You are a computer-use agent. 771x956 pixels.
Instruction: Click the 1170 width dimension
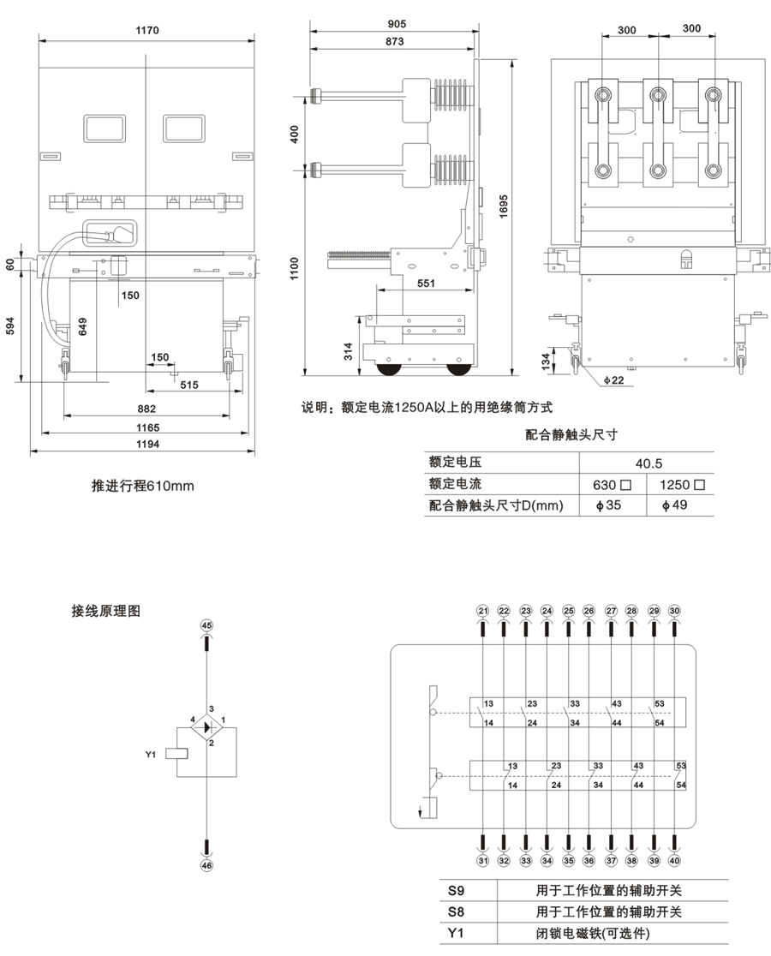click(x=147, y=30)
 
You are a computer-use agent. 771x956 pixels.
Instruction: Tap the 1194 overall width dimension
click(x=148, y=444)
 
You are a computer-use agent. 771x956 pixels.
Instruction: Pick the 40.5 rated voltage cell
click(x=648, y=463)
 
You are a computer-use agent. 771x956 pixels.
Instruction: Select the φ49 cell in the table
click(x=678, y=505)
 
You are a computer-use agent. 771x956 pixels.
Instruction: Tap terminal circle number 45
click(x=206, y=625)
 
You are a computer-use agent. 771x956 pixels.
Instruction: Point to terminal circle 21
click(x=483, y=611)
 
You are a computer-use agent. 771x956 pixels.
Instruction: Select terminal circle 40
click(x=676, y=861)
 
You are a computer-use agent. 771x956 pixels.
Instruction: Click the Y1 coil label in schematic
click(x=151, y=755)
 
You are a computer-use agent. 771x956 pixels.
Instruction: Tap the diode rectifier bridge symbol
click(x=206, y=727)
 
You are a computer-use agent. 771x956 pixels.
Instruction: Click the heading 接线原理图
click(x=106, y=612)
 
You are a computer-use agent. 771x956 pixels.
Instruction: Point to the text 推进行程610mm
click(x=143, y=487)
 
